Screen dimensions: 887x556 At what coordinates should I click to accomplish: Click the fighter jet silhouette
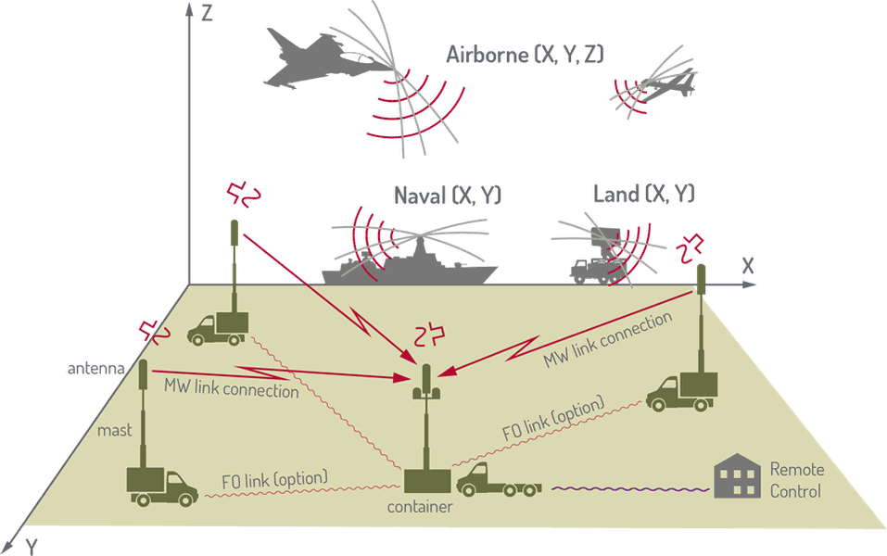coord(323,61)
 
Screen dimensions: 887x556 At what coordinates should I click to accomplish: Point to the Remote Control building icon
coord(737,475)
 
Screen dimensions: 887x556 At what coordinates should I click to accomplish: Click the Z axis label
coord(207,12)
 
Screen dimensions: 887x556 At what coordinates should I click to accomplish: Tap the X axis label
coord(748,266)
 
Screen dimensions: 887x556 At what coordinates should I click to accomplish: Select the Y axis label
coord(32,547)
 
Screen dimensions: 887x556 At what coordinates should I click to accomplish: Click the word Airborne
coord(487,55)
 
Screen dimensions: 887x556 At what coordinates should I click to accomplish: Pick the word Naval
coord(420,196)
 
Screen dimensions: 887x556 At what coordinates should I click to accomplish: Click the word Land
coord(616,194)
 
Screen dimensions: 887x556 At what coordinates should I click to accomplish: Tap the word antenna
coord(96,369)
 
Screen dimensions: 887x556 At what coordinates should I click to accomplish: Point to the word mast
coord(114,430)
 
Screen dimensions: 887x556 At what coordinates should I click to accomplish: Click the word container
coord(420,507)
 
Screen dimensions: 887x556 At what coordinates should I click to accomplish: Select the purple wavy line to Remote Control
coord(630,488)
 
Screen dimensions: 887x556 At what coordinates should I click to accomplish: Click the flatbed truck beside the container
coord(499,480)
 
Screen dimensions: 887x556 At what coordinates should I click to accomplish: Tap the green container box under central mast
coord(427,481)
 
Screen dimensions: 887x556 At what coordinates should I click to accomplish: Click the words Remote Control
coord(796,480)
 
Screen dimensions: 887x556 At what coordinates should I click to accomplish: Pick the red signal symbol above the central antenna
coord(429,335)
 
